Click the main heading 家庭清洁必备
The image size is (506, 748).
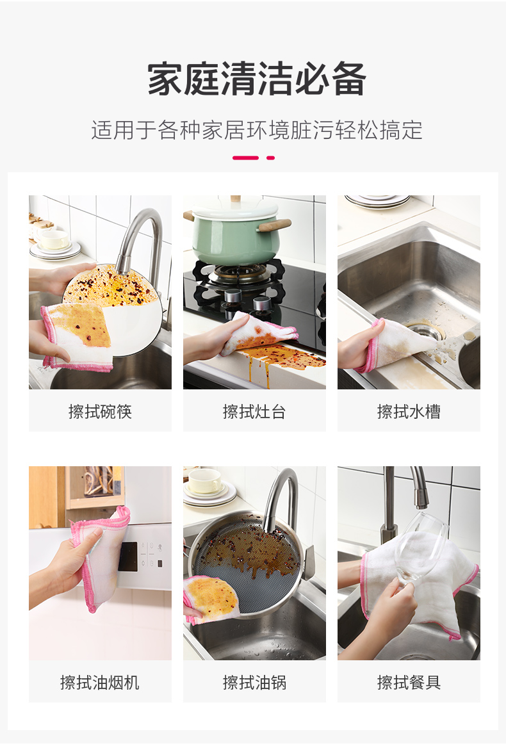[257, 79]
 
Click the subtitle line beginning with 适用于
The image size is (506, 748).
[257, 130]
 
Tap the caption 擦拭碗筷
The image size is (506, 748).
[100, 411]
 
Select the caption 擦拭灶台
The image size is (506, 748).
[254, 411]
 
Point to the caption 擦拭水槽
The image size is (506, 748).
[409, 411]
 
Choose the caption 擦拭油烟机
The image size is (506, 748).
[100, 682]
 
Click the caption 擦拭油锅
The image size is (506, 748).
[254, 682]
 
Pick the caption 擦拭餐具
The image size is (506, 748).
[409, 682]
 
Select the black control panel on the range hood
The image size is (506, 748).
[128, 557]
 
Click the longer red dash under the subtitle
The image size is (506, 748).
[245, 158]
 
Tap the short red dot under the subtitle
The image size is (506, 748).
[270, 158]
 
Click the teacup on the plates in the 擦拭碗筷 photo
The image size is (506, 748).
[53, 240]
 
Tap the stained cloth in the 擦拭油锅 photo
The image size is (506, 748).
[211, 599]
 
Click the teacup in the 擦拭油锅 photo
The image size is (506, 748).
[205, 480]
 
